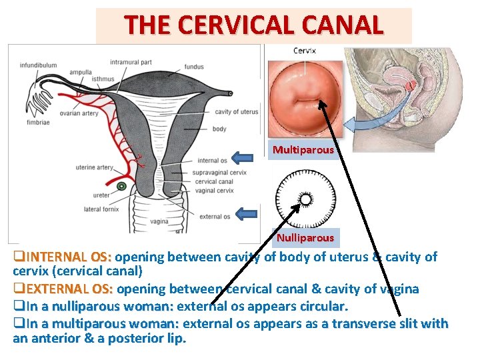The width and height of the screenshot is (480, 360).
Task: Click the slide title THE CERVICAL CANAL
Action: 253,25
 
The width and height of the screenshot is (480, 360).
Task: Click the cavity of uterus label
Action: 236,111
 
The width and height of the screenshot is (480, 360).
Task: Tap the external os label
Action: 214,216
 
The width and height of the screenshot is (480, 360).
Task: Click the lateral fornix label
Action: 102,209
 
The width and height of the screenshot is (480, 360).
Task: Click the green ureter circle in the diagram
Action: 121,186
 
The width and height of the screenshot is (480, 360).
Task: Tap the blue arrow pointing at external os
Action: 247,214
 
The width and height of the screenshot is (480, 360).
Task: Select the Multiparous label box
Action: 303,150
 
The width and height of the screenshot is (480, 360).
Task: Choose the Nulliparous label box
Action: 305,237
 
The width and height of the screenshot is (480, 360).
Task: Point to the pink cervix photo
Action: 305,100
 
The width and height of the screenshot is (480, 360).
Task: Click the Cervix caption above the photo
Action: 305,51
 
